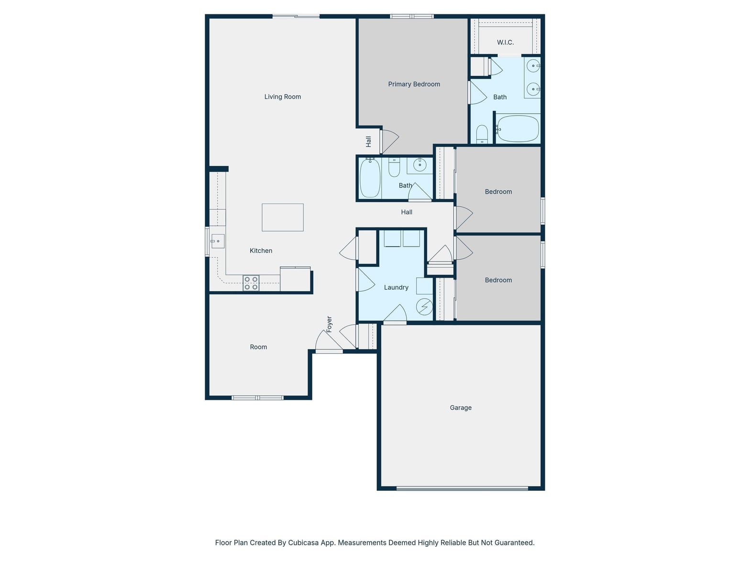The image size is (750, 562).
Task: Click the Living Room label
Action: tap(282, 97)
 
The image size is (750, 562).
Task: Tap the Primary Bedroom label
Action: tap(414, 84)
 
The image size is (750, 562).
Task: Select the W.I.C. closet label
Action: tap(505, 43)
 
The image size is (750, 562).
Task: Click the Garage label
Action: tap(460, 408)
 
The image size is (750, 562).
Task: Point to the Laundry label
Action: tap(396, 287)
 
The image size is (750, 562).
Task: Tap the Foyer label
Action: tap(329, 324)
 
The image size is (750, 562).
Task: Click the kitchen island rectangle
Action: tap(283, 217)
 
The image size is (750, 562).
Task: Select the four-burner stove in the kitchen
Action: tap(251, 283)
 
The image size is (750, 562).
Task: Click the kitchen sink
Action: tap(218, 241)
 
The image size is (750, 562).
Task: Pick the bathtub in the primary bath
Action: tap(518, 128)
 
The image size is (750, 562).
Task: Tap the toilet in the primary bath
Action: tap(482, 134)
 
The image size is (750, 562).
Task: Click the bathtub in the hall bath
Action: tap(370, 178)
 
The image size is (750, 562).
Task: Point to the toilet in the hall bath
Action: tap(394, 168)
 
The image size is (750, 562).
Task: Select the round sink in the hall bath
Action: tap(419, 165)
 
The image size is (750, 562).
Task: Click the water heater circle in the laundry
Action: tap(424, 307)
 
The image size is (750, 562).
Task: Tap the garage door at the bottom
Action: tap(462, 488)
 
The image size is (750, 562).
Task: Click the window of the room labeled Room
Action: tap(257, 398)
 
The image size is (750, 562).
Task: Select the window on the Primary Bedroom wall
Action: tap(412, 16)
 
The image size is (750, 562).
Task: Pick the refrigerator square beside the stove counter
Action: tap(295, 279)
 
